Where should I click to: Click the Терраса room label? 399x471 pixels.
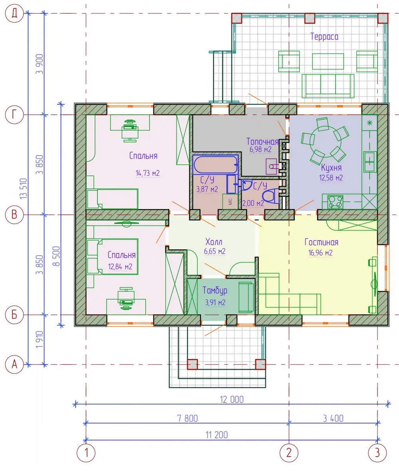pos(324,37)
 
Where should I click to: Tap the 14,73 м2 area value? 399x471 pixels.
pos(147,173)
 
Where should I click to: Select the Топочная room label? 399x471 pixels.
pos(262,141)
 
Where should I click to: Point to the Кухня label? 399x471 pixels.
pos(331,167)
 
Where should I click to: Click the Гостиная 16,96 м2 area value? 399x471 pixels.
pos(320,253)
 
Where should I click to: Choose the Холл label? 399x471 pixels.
pos(214,242)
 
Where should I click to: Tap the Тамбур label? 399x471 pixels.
pos(215,290)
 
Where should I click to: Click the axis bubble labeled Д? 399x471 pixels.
pos(14,14)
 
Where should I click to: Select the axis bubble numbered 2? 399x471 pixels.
pos(289,453)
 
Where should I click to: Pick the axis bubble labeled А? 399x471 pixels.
pos(14,364)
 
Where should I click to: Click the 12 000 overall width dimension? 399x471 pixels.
pos(231,400)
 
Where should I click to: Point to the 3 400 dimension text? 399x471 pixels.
pos(333,418)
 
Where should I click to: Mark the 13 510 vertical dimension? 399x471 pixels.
pos(24,188)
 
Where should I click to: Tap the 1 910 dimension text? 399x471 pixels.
pos(40,340)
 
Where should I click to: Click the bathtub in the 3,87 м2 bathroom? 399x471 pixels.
pos(215,165)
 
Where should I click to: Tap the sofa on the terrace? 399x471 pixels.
pos(328,86)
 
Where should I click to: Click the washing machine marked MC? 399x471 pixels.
pos(230,201)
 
